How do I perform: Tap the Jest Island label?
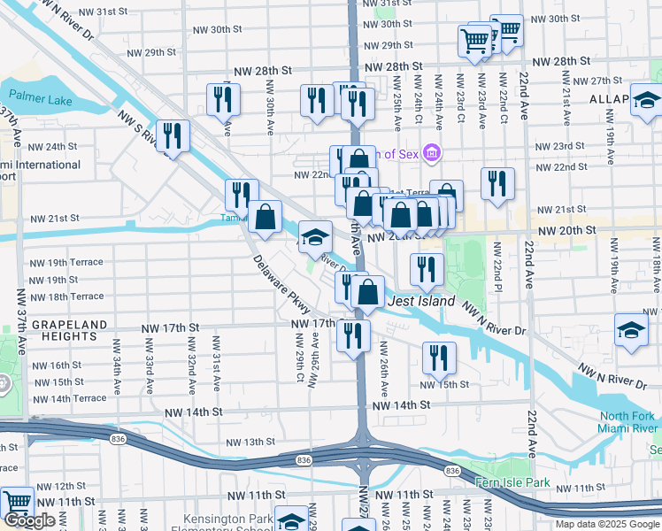pyautogui.click(x=421, y=302)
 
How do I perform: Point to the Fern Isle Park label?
pyautogui.click(x=512, y=483)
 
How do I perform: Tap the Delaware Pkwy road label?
pyautogui.click(x=281, y=285)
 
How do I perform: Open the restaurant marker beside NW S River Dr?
pyautogui.click(x=173, y=135)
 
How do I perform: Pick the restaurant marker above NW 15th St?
pyautogui.click(x=438, y=356)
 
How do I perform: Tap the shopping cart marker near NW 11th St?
pyautogui.click(x=16, y=502)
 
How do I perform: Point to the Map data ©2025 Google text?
pyautogui.click(x=607, y=524)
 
